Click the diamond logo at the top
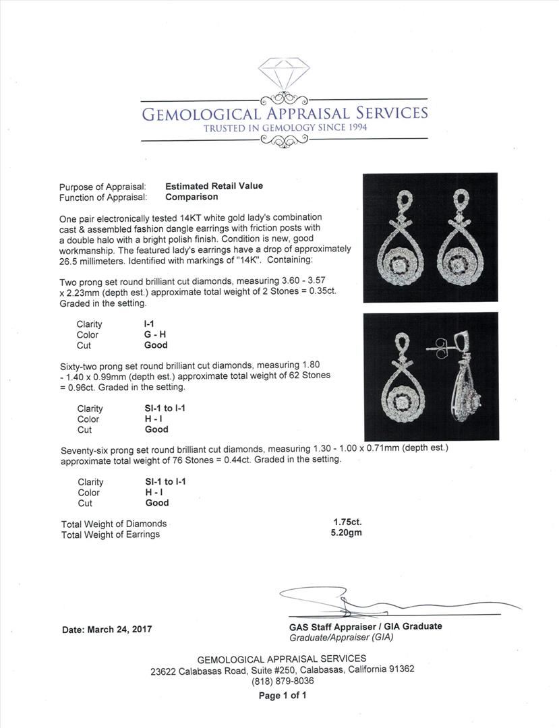click(284, 75)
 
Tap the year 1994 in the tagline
click(354, 127)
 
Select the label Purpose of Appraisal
click(102, 187)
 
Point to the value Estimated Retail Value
click(214, 186)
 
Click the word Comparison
click(192, 197)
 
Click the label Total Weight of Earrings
click(111, 535)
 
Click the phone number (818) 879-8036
click(282, 681)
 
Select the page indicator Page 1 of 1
click(283, 696)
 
